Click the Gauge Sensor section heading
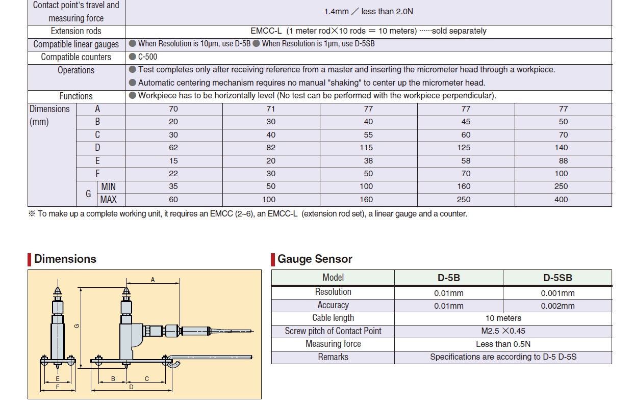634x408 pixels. pos(315,259)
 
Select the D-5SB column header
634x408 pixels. pos(557,278)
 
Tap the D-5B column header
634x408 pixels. pos(448,278)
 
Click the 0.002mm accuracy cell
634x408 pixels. pos(557,306)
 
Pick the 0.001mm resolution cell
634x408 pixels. pos(557,293)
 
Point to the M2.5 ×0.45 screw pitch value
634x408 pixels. pos(503,331)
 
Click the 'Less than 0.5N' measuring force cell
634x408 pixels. pos(503,344)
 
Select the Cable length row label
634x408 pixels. pos(333,318)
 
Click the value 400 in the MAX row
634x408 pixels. pos(561,200)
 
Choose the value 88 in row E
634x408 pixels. pos(561,160)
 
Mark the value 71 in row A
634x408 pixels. pos(271,109)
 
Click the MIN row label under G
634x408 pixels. pos(108,186)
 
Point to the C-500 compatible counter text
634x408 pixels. pos(147,57)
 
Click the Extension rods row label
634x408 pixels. pos(76,31)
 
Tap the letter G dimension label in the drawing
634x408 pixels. pos(76,326)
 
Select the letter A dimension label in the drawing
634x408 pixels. pos(152,279)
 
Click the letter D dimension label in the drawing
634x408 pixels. pos(131,387)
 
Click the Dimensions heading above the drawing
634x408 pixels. pos(65,259)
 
